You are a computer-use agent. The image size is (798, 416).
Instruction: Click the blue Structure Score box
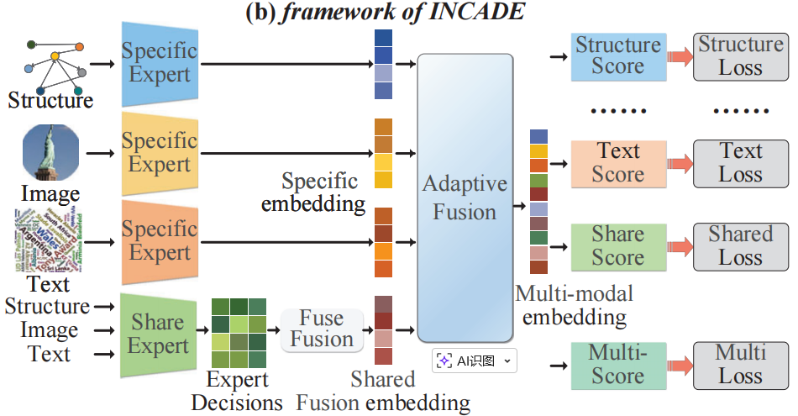[x=617, y=57]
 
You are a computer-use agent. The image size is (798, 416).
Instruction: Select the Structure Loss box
[x=740, y=57]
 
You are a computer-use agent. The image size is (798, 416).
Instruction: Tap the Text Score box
[x=617, y=163]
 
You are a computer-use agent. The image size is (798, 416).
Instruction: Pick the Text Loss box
[x=740, y=163]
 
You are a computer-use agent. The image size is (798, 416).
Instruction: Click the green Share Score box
[x=617, y=246]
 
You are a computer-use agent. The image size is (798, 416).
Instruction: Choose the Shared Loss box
[x=740, y=246]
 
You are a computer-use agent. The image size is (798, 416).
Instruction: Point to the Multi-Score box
[x=617, y=365]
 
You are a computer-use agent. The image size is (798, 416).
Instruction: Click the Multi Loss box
[x=740, y=365]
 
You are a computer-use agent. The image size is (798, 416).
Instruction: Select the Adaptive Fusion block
[x=465, y=197]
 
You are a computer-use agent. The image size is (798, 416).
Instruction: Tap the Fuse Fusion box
[x=322, y=329]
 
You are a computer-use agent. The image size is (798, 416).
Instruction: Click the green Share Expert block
[x=157, y=334]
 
